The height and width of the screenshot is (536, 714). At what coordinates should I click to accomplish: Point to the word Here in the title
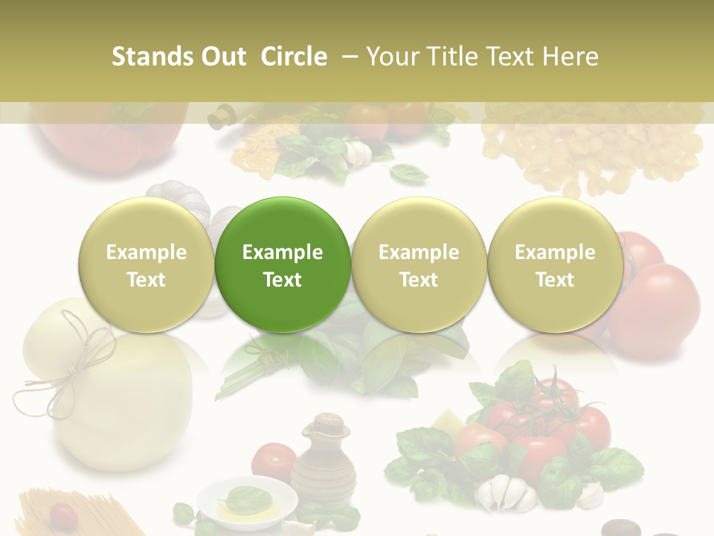(x=571, y=57)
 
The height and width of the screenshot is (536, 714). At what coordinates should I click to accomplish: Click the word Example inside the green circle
(x=283, y=252)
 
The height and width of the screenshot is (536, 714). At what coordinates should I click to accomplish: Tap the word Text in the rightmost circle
(x=555, y=280)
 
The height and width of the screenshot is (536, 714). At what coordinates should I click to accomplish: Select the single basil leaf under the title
(x=409, y=174)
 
